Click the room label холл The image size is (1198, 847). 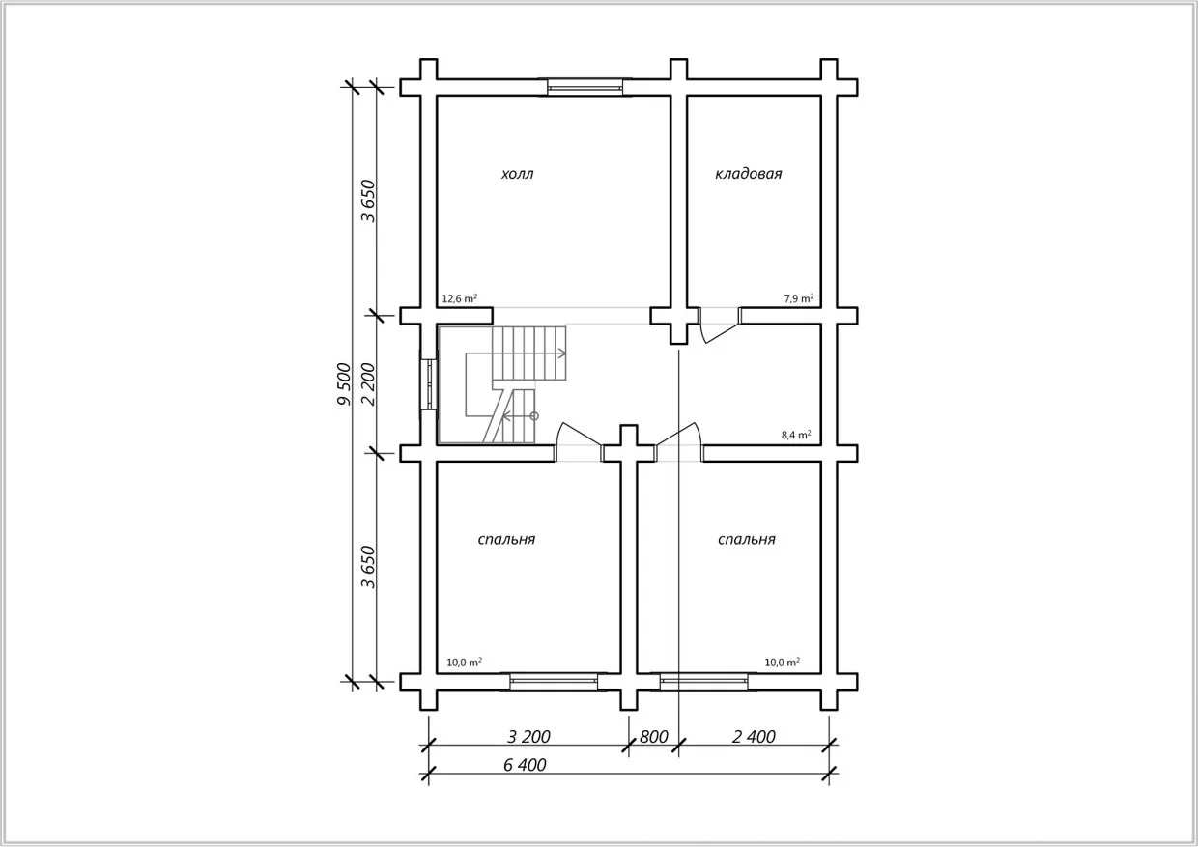(517, 174)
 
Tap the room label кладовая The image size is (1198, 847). (748, 174)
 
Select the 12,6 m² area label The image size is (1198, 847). (460, 298)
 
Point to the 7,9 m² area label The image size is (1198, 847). (799, 298)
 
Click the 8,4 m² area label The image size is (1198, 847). (796, 435)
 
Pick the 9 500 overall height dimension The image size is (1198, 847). (345, 384)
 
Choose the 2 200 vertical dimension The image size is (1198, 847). (369, 384)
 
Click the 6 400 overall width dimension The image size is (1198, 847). (525, 765)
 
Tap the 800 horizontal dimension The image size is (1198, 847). (653, 737)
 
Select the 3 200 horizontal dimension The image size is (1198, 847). (528, 737)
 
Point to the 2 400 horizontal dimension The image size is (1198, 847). (754, 737)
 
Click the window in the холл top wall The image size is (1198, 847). (585, 87)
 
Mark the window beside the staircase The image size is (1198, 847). (430, 384)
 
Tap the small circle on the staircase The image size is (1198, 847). (533, 416)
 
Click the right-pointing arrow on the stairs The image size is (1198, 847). (561, 353)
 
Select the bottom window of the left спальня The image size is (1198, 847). (554, 681)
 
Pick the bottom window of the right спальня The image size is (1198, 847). (703, 681)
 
